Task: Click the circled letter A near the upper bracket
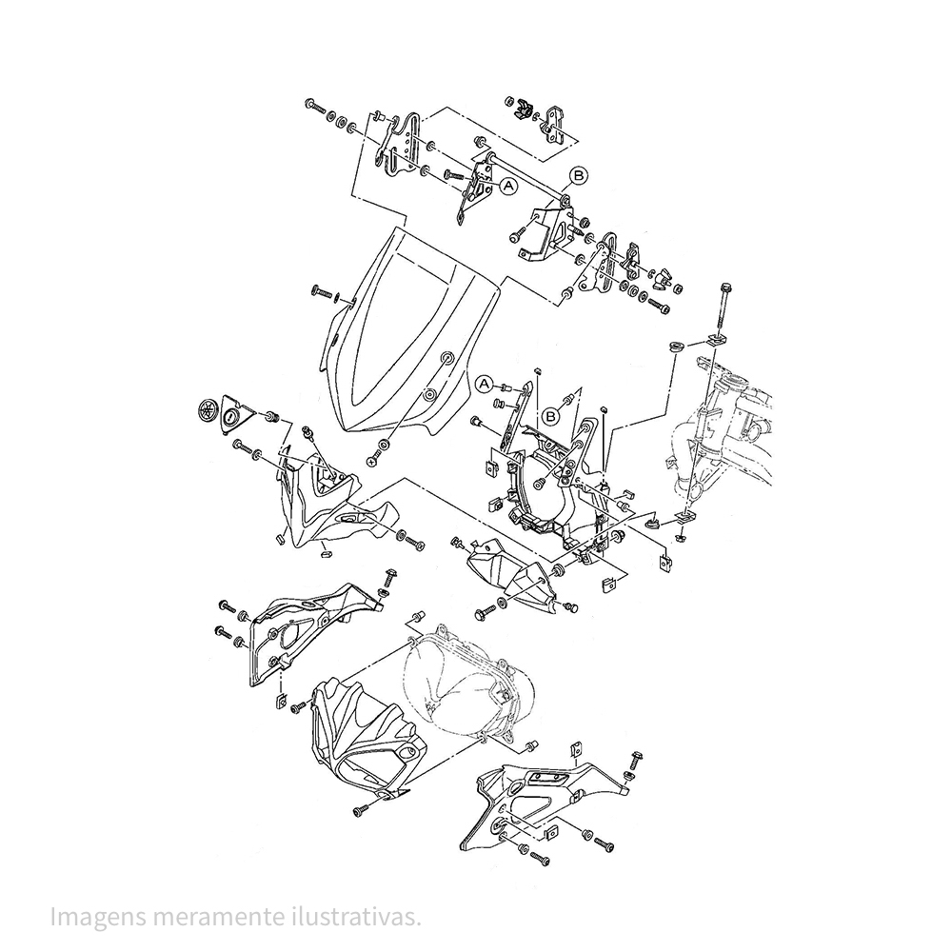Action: pos(507,187)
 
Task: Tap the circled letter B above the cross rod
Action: pos(580,174)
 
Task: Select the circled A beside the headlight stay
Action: pos(485,385)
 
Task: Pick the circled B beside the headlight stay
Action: pos(551,415)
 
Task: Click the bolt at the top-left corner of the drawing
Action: pos(314,105)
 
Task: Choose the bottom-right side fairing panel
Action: pos(533,800)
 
